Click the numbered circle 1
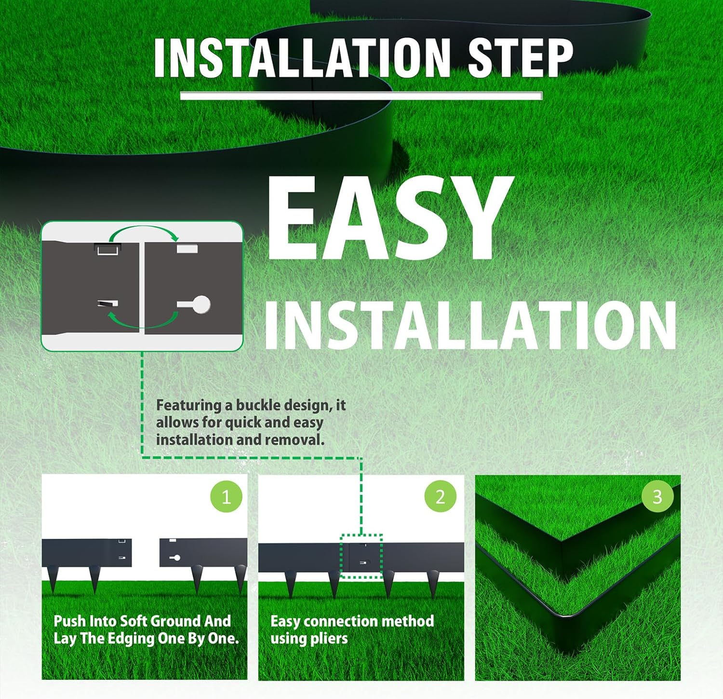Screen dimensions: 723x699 pos(226,496)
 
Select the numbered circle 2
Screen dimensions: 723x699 pos(440,496)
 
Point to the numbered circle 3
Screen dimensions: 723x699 pos(657,496)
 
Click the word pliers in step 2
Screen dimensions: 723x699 pos(330,639)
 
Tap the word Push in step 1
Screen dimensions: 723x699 pos(69,621)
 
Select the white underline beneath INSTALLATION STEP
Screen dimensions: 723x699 pos(361,96)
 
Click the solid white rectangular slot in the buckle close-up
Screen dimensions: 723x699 pos(187,249)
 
